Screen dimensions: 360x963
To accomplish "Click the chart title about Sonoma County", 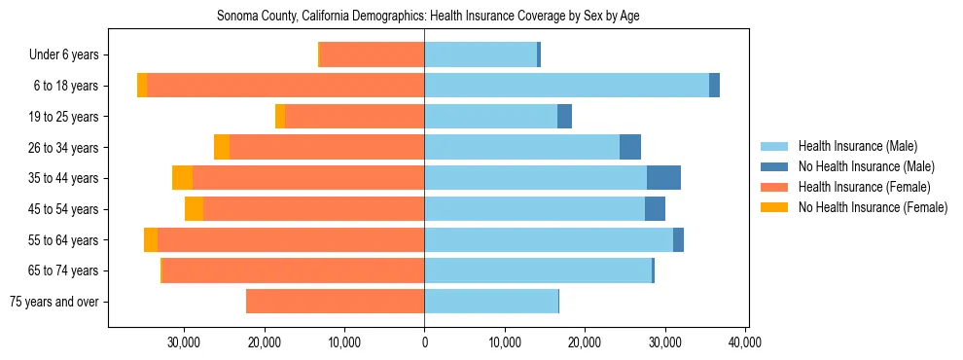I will coord(428,17).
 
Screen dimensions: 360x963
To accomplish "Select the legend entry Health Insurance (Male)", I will coord(857,146).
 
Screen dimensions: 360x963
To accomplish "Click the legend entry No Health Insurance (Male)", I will coord(866,166).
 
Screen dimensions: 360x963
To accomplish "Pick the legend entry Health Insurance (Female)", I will coord(864,187).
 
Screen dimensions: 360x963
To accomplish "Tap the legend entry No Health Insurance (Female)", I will coord(873,207).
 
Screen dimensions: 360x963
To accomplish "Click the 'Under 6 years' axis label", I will coord(63,55).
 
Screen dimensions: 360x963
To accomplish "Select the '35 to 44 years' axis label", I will coord(62,178).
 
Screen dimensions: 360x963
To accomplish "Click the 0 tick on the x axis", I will coord(424,342).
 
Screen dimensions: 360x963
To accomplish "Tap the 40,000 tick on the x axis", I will coord(745,342).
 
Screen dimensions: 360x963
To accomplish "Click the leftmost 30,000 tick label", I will coord(184,342).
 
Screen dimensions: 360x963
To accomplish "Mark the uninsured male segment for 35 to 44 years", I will coord(663,178).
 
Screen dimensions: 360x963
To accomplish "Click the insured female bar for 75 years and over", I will coord(335,302).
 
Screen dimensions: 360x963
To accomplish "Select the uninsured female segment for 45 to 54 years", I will coord(194,209).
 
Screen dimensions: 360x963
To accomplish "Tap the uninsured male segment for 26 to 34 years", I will coord(630,147).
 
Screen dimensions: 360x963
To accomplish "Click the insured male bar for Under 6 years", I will coord(481,55).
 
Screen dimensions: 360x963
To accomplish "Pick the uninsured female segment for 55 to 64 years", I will coord(151,240).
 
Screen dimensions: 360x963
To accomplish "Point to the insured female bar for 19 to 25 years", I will coord(354,117).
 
